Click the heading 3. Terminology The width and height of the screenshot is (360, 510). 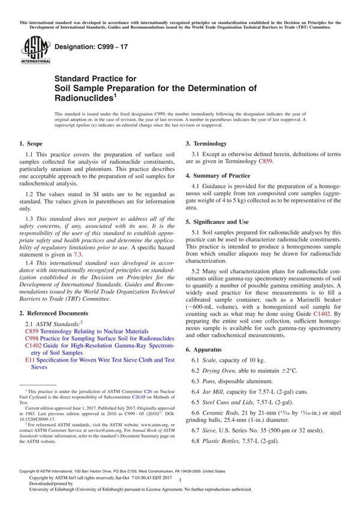pyautogui.click(x=206, y=144)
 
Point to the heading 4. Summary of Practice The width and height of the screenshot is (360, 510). pyautogui.click(x=218, y=175)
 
